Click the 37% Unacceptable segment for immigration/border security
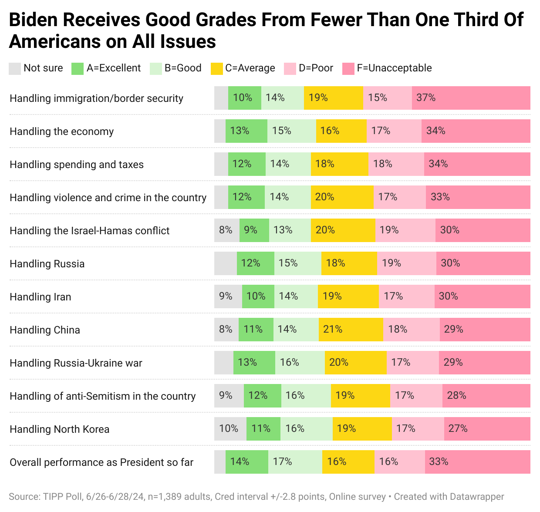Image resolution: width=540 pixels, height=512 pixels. point(471,98)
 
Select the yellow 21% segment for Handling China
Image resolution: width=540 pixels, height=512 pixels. point(351,330)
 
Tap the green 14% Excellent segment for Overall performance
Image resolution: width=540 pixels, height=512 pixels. point(246,462)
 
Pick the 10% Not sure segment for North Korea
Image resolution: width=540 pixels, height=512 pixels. point(230,429)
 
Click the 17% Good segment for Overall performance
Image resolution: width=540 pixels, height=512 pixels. point(295,462)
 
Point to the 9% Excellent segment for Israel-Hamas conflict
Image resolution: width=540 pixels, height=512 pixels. point(254,230)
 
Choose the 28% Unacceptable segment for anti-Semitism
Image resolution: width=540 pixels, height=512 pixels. point(486,396)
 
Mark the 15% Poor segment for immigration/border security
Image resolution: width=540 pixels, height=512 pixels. point(387,98)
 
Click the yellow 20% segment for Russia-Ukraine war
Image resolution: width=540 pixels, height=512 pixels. point(355,363)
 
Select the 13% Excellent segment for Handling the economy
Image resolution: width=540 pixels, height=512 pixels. point(246,131)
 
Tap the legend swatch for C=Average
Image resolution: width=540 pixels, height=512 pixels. point(216,68)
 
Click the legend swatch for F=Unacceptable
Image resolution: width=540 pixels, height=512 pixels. point(348,68)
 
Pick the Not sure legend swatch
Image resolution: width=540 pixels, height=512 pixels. point(15,68)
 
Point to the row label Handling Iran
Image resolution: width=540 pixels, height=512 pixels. point(40,297)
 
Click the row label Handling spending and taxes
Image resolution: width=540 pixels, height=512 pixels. point(77,165)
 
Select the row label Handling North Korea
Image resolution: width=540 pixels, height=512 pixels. point(59,429)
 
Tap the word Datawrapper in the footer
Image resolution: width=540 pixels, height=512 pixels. point(477,497)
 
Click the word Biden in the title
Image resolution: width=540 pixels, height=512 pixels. point(36,20)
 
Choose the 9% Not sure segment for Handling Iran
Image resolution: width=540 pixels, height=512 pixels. point(228,296)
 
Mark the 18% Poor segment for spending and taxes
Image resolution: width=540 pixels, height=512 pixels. point(396,164)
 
